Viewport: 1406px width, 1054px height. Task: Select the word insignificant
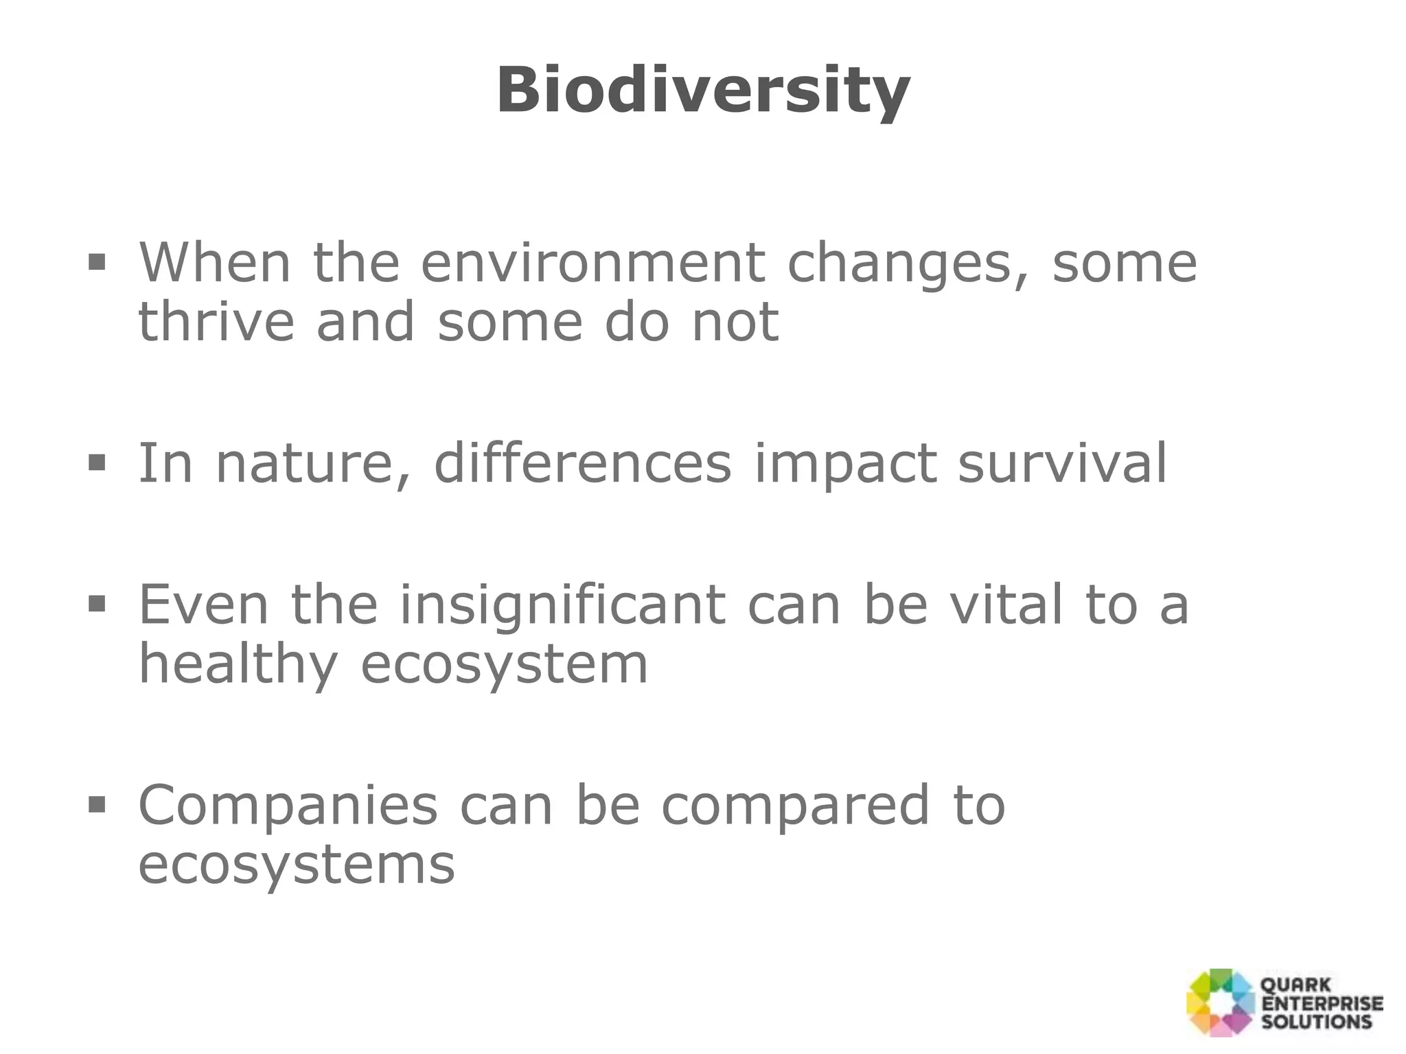click(562, 605)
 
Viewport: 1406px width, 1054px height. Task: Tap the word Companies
click(288, 806)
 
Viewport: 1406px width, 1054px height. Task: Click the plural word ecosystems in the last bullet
click(296, 865)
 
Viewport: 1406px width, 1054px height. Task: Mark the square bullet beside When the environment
click(97, 262)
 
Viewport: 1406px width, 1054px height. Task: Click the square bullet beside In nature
click(97, 462)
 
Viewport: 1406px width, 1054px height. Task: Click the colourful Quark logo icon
click(1220, 1003)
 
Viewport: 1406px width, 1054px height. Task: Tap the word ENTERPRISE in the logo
click(1322, 1004)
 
